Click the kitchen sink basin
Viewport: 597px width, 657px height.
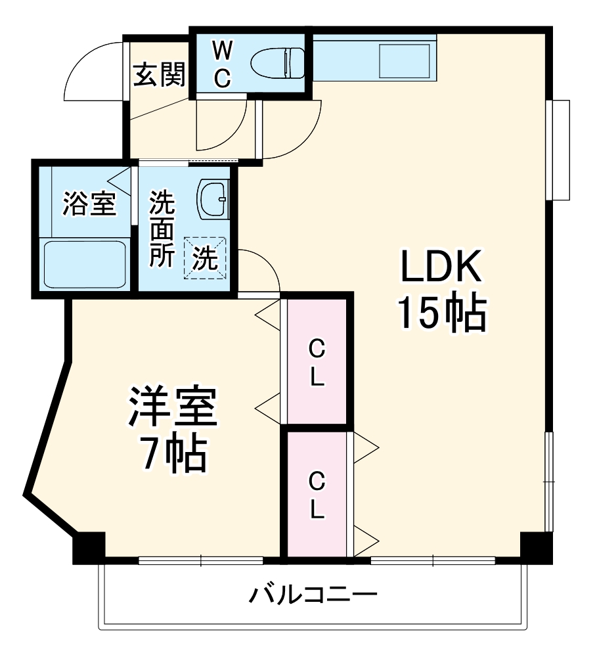405,62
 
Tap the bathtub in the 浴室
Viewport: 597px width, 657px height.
85,263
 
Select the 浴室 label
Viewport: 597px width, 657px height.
89,204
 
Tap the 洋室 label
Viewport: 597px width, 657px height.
172,408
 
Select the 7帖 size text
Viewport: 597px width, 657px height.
171,454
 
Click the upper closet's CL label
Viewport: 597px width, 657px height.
317,362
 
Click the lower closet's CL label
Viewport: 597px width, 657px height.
317,493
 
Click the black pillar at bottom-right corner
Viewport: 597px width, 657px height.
536,547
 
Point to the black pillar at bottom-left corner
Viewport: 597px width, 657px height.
88,547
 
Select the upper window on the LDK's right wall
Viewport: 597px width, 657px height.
560,150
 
